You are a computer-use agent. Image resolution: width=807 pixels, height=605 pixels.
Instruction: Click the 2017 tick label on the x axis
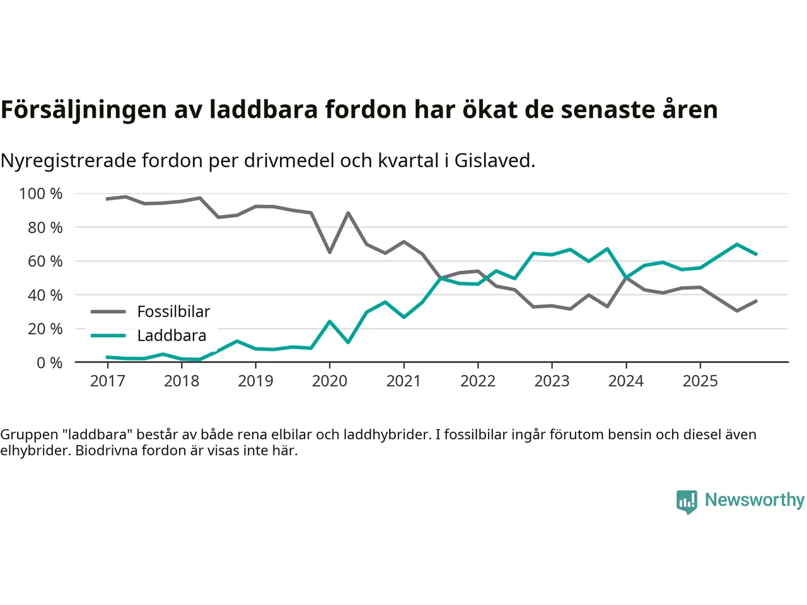tap(107, 381)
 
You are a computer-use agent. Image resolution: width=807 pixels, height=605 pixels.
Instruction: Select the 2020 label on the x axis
tap(330, 381)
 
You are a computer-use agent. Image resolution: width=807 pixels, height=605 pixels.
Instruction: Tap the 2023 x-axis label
tap(552, 381)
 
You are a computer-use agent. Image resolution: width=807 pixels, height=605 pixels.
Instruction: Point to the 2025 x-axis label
tap(700, 381)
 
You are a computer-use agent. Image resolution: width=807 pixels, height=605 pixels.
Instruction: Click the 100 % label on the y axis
tap(41, 193)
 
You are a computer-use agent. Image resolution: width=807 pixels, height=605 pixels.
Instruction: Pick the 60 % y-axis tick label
tap(45, 261)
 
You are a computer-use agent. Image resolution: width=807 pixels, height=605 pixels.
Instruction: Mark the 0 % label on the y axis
tap(49, 362)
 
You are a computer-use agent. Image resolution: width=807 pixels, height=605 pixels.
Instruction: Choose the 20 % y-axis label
tap(45, 328)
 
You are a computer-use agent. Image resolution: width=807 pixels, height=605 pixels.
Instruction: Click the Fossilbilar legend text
tap(173, 311)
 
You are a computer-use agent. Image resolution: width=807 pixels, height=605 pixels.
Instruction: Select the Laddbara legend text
tap(171, 335)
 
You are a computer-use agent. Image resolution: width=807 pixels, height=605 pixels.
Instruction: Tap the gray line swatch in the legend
tap(108, 311)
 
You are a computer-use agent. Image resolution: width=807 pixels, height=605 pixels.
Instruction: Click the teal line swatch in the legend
tap(108, 335)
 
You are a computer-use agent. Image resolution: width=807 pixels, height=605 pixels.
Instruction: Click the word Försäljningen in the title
tap(84, 110)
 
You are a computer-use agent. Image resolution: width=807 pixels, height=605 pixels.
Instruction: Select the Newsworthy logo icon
tap(687, 502)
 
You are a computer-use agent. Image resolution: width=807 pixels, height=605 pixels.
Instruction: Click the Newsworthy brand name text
tap(755, 500)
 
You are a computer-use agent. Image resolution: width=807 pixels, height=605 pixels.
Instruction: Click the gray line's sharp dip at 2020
tap(330, 252)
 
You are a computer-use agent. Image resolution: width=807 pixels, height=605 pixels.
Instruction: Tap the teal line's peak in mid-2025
tap(737, 244)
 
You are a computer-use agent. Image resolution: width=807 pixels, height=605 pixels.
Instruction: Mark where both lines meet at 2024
tap(626, 277)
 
